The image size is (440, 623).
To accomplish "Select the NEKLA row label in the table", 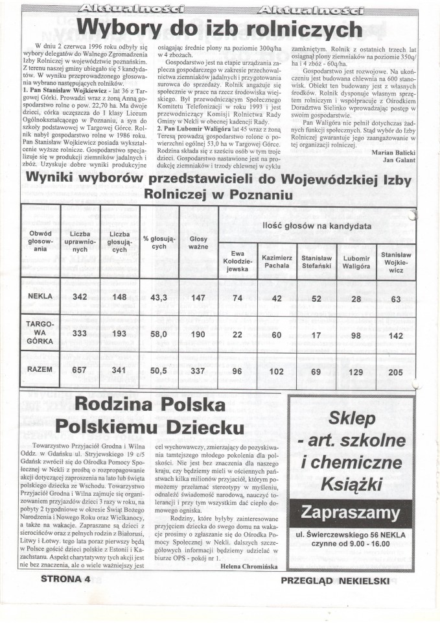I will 41,297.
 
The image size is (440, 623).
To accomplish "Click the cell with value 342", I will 80,297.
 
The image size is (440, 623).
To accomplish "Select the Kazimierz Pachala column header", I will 277,262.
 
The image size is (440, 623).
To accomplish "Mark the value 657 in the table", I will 80,369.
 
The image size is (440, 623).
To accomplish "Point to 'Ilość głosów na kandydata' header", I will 316,225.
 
